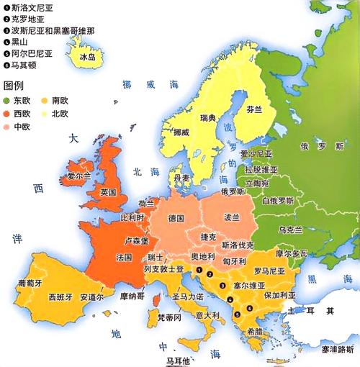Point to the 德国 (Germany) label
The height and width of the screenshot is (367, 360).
176,217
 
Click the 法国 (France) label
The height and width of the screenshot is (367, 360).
124,257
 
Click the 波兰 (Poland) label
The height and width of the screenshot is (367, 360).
232,217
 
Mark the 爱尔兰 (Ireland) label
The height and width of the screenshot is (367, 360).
78,175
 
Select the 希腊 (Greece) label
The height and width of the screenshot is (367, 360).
254,332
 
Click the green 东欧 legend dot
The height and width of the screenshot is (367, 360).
7,99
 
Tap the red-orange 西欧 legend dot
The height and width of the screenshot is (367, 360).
7,113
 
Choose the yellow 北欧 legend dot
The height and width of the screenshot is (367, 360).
45,113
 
